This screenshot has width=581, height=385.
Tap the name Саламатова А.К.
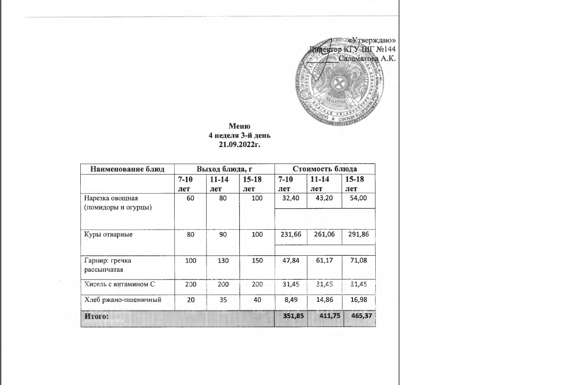[x=367, y=58]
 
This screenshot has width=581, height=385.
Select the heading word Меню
[x=239, y=127]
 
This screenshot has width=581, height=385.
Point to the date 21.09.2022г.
[x=239, y=144]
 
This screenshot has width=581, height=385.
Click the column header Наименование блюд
[x=127, y=169]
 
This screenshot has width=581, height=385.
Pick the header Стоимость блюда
[x=325, y=169]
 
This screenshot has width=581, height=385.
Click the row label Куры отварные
[x=109, y=234]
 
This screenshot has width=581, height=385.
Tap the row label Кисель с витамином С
[x=119, y=284]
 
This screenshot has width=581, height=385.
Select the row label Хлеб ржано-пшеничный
[x=123, y=300]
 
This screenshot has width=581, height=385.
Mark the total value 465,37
[x=359, y=316]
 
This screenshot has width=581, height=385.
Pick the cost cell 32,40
[x=290, y=198]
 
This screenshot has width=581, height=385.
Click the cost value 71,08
[x=359, y=260]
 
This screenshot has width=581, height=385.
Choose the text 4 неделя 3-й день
[x=239, y=136]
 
